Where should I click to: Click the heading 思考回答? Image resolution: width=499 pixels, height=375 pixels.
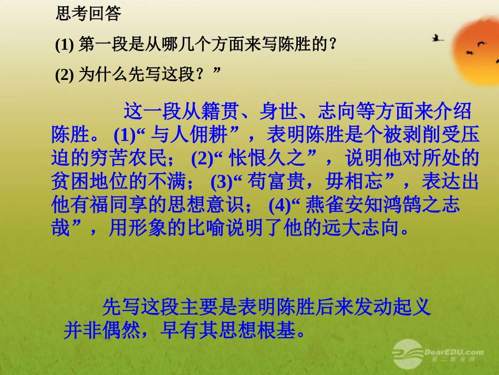click(x=88, y=13)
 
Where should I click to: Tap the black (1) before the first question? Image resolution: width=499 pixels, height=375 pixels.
click(x=65, y=45)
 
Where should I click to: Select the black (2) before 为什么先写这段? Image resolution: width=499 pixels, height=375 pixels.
click(x=65, y=75)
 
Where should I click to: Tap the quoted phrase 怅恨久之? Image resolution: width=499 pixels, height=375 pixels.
click(x=268, y=158)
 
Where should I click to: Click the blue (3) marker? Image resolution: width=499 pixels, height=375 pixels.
click(x=221, y=181)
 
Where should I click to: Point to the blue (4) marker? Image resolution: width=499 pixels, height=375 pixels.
click(x=279, y=205)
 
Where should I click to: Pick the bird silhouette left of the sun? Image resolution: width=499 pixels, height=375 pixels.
click(x=438, y=38)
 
